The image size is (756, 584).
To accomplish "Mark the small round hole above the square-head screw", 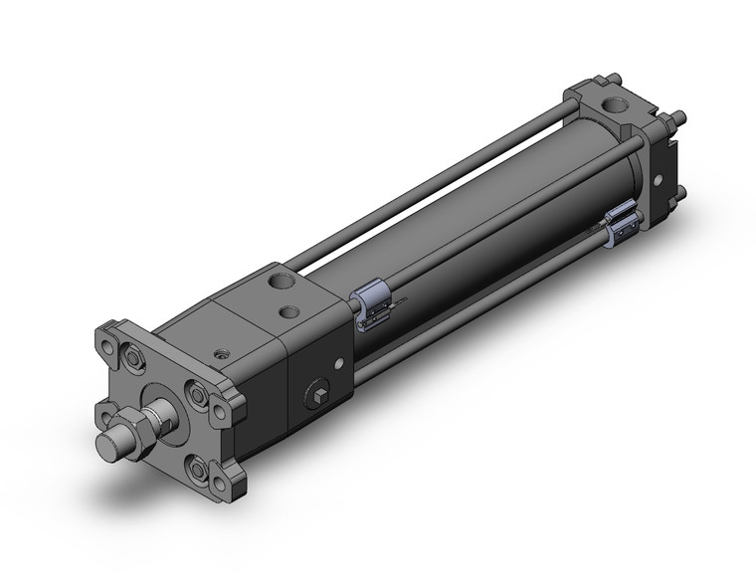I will click(x=341, y=362).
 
